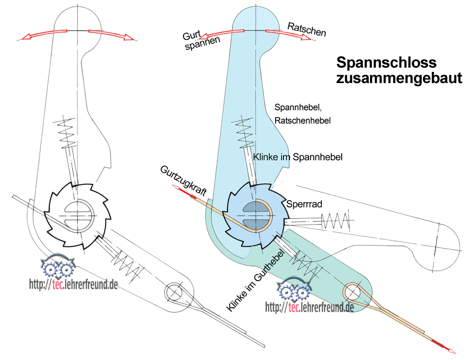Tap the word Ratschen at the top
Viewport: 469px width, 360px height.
(x=306, y=29)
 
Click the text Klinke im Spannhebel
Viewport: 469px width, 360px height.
(x=297, y=157)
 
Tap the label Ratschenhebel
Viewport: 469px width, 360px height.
(x=303, y=121)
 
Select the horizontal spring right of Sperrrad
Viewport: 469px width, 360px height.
(x=337, y=218)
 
